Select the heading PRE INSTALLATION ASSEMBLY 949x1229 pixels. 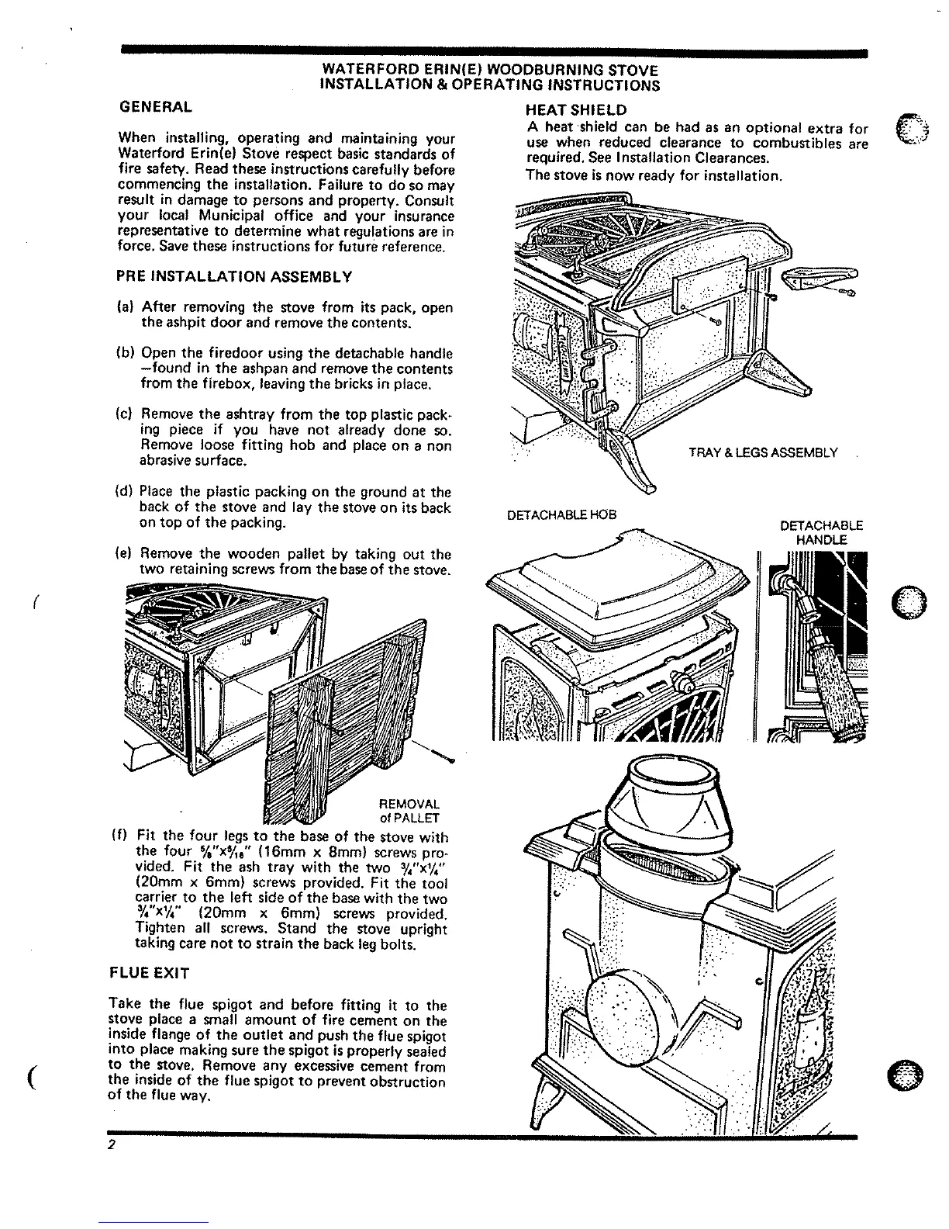234,276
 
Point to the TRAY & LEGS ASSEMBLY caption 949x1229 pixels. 763,452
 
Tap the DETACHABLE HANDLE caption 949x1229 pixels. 821,532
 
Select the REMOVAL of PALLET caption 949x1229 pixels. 409,811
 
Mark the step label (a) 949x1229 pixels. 123,307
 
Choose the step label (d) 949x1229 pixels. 123,492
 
